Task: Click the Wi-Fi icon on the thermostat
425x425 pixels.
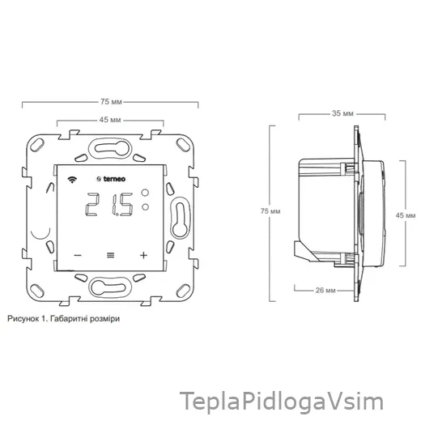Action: [x=72, y=180]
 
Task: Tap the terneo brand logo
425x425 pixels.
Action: [x=111, y=179]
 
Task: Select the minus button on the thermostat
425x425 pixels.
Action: [x=78, y=255]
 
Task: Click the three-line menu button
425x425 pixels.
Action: [x=111, y=255]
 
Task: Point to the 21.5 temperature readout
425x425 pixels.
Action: [x=109, y=204]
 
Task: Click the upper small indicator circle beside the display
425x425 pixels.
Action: [x=145, y=193]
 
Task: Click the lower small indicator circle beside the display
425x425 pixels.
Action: [x=145, y=207]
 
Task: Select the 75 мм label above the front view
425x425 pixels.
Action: [x=111, y=102]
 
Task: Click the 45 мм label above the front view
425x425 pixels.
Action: [x=110, y=120]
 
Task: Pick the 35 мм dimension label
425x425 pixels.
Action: [x=342, y=113]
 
